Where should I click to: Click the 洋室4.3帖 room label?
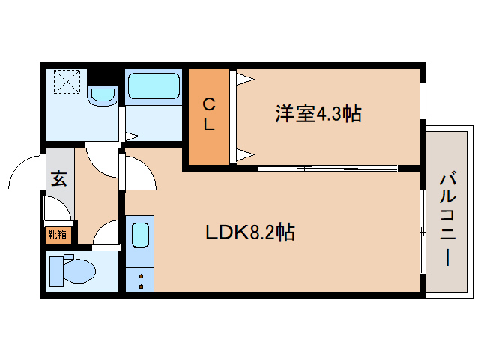[x=318, y=114]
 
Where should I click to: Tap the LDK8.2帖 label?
[x=250, y=232]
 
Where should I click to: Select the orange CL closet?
[x=209, y=117]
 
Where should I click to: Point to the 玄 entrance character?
[x=58, y=178]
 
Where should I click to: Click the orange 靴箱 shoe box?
[x=58, y=235]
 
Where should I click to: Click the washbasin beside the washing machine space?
[x=102, y=94]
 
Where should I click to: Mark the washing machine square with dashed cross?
[x=67, y=82]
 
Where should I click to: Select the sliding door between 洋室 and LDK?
[x=315, y=167]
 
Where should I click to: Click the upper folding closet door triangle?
[x=244, y=79]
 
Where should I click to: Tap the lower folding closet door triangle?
[x=244, y=156]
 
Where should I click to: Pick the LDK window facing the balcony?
[x=422, y=229]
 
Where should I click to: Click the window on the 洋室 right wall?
[x=422, y=100]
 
